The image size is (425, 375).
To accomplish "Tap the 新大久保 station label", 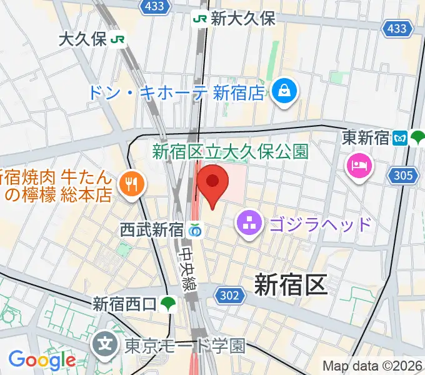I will [242, 19].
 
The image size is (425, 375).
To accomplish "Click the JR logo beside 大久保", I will [117, 40].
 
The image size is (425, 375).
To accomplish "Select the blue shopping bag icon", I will [285, 91].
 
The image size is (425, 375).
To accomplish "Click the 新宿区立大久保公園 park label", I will [230, 151].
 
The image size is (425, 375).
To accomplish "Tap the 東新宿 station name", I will [366, 137].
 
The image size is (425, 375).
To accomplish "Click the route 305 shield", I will [404, 176].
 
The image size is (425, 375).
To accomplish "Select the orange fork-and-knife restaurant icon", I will [131, 183].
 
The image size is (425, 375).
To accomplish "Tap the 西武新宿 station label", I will [151, 230].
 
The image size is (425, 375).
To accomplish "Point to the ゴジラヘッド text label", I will [321, 224].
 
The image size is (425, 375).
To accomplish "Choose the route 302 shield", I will [229, 294].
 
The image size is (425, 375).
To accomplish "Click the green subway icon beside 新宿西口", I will [167, 304].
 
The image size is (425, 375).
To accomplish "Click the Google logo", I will [42, 360].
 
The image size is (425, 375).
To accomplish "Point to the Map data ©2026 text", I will [372, 366].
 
